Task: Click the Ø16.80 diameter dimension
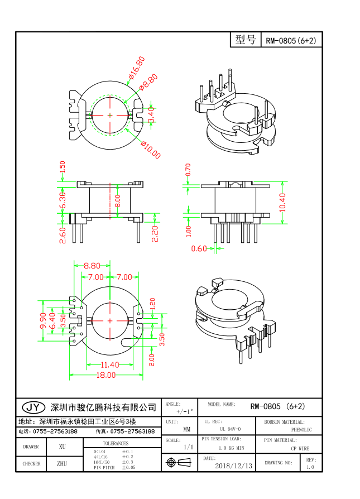coord(136,67)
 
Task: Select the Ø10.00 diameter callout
coord(151,150)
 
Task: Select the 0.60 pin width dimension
coord(199,248)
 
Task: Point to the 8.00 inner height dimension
coord(117,200)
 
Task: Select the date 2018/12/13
coord(233,465)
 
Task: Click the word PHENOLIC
coord(301,430)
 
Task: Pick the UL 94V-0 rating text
coord(230,429)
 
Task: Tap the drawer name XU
coord(62,447)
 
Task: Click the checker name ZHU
coord(62,463)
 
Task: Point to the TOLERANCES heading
coord(116,443)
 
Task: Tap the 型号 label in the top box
coord(246,40)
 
